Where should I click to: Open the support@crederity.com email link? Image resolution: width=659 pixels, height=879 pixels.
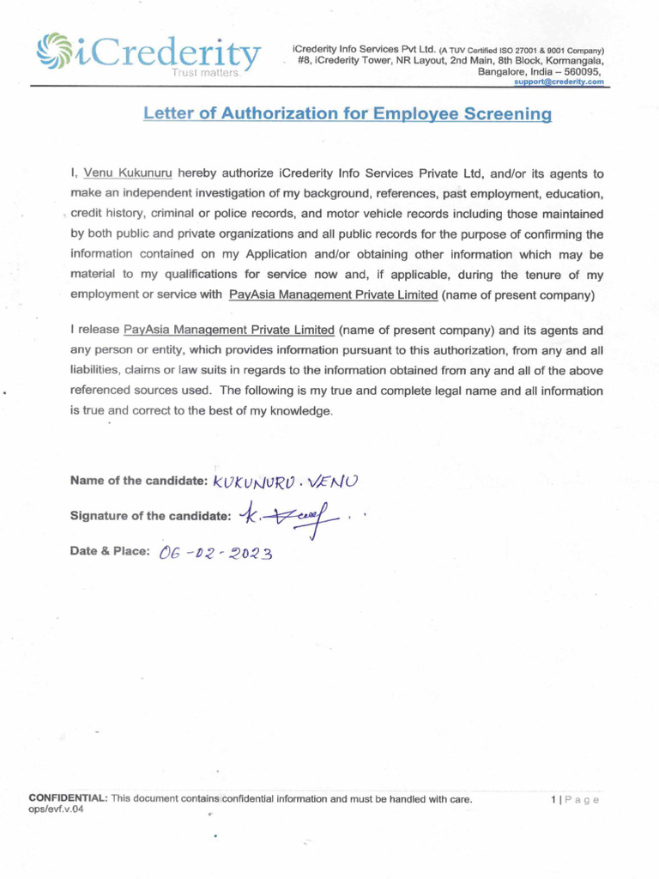point(559,82)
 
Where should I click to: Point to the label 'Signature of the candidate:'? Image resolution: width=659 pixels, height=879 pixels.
point(150,517)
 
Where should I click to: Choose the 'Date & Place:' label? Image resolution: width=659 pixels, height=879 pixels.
point(110,551)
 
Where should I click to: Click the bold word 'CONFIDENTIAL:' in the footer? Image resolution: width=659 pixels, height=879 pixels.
point(68,799)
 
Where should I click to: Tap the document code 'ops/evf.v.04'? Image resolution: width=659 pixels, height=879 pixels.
point(57,809)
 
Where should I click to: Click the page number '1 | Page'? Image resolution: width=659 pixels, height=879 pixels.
point(574,800)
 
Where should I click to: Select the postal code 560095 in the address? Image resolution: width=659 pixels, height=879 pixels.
point(579,72)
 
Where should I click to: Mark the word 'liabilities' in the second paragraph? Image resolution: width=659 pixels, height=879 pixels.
point(95,371)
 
